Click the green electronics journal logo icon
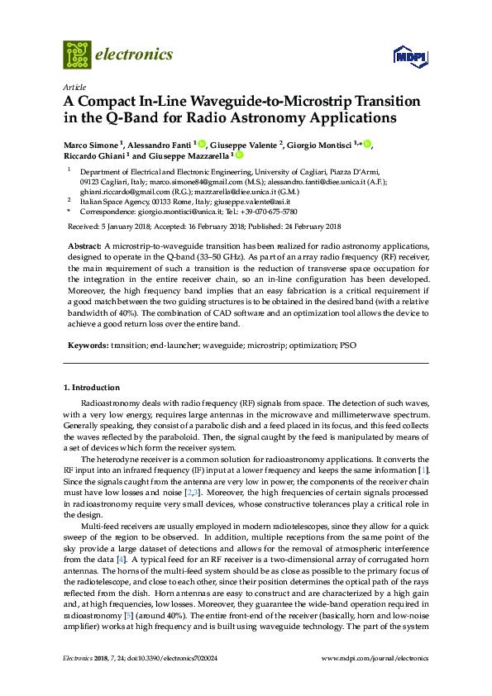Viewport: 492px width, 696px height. pyautogui.click(x=77, y=55)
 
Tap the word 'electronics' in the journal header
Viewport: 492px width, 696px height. pyautogui.click(x=135, y=55)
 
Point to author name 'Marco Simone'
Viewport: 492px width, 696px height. pyautogui.click(x=90, y=145)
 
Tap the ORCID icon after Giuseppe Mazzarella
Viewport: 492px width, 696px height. pyautogui.click(x=240, y=155)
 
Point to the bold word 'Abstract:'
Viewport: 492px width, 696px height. pyautogui.click(x=84, y=247)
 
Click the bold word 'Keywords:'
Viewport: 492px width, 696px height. pyautogui.click(x=87, y=343)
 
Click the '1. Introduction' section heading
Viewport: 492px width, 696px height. pyautogui.click(x=92, y=388)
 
